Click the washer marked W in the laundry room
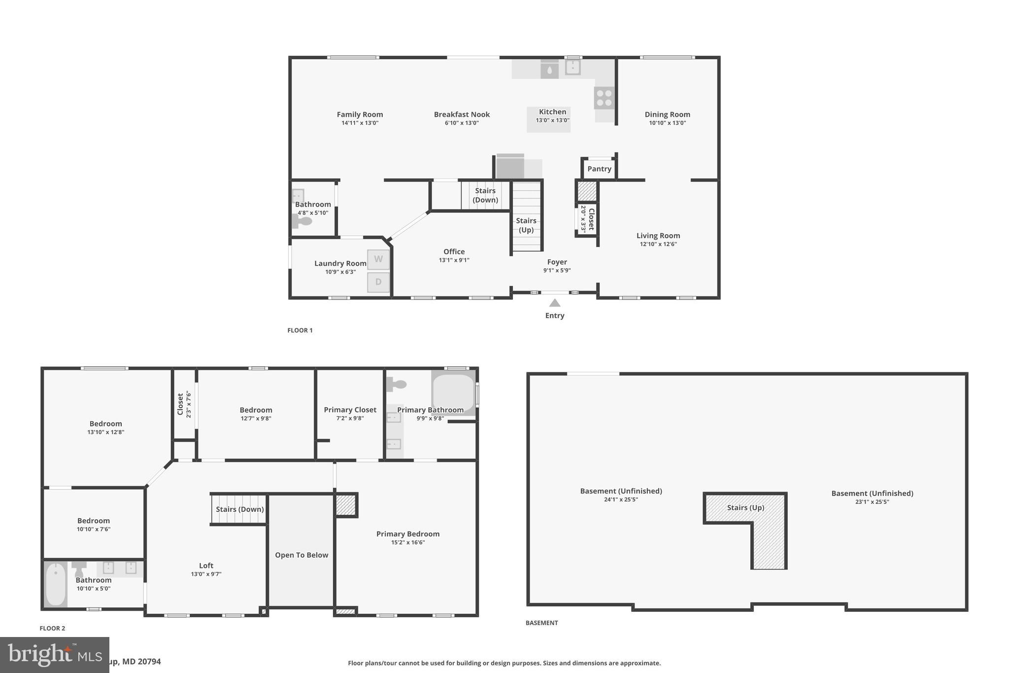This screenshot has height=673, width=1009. coord(378,259)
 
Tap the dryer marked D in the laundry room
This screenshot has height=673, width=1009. coord(378,282)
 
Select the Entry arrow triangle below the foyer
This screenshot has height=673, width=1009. coord(555,303)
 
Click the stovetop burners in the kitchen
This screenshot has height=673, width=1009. coord(605,98)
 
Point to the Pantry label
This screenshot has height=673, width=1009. coord(599,169)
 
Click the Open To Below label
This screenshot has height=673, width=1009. coord(302,555)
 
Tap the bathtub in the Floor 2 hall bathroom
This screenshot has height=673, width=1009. coord(56,585)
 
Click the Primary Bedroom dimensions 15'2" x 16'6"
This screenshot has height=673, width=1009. coord(408,542)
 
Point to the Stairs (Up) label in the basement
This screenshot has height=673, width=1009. coord(745,507)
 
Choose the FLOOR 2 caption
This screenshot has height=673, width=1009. coord(52,628)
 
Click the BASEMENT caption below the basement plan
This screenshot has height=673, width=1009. coord(541,623)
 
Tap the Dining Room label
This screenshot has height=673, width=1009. coord(667,114)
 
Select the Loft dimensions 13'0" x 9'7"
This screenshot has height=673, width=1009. coord(206,574)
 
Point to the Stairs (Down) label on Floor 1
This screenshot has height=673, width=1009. coord(485,195)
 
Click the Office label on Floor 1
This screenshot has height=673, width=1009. coord(454,251)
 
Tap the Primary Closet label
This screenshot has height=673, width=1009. coord(350,410)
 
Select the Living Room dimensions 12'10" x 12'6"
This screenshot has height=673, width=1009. coord(658,244)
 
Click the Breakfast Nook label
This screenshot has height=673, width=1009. coord(462,114)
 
